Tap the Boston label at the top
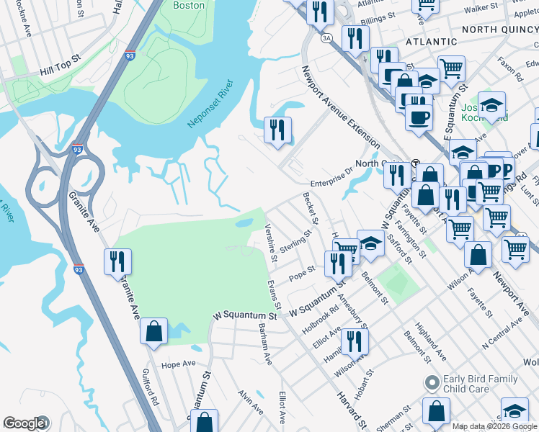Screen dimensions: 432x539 point(189,5)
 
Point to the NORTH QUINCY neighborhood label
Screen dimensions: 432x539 point(499,29)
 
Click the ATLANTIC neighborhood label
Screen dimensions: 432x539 point(432,42)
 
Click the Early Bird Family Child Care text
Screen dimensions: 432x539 point(481,384)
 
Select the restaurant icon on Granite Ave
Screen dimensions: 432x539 point(117,262)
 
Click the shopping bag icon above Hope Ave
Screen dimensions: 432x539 point(153,332)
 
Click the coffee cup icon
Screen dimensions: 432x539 point(418,117)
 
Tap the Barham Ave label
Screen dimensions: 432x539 point(265,343)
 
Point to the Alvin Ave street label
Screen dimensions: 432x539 point(251,402)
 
